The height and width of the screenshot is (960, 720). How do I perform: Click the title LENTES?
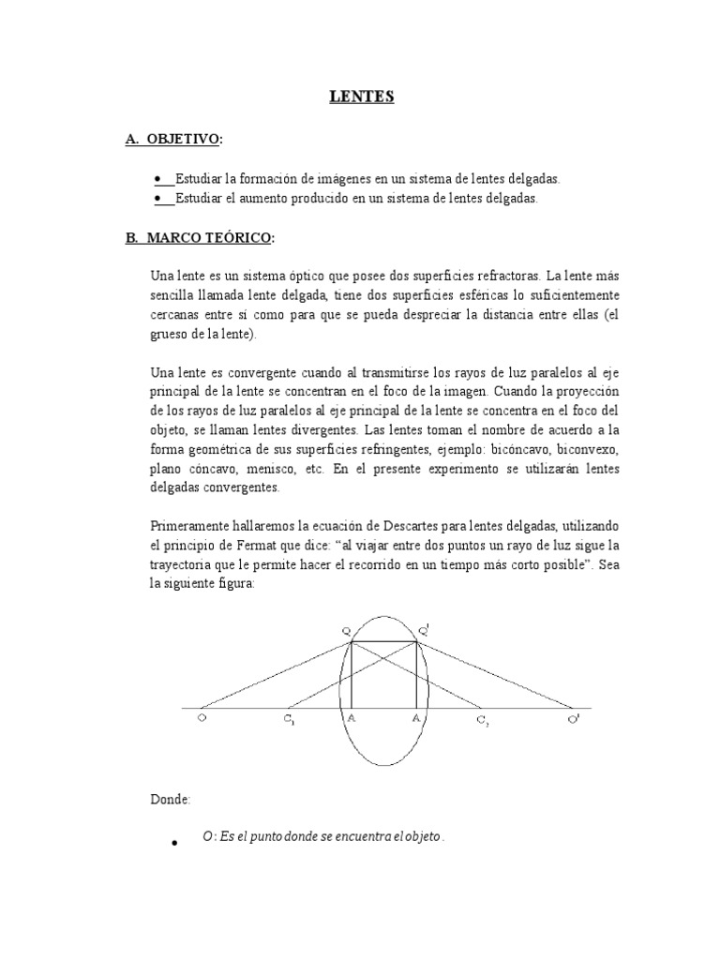(x=360, y=97)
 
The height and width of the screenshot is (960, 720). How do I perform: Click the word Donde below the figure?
(x=170, y=799)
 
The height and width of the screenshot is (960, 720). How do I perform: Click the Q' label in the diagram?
(x=424, y=631)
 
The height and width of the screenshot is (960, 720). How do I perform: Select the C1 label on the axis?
(x=290, y=720)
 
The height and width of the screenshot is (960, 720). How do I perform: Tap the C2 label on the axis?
(x=482, y=720)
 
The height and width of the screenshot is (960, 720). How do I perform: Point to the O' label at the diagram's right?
(x=573, y=720)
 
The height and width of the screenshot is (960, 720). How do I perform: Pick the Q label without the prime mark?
(x=345, y=631)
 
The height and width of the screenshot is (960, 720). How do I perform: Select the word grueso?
(x=172, y=335)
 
